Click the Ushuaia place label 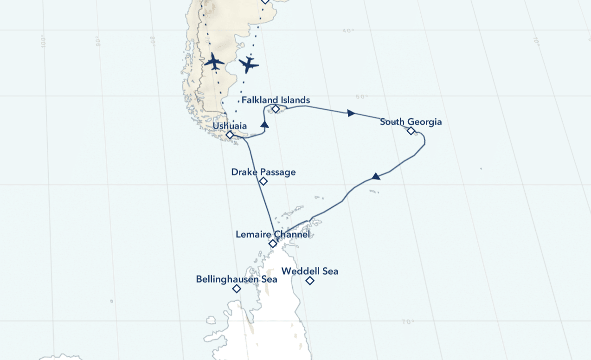[x=230, y=126]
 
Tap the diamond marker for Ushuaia [x=229, y=135]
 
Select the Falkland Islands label [x=276, y=100]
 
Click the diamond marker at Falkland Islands [x=276, y=109]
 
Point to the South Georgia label [x=411, y=122]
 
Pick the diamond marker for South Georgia [x=411, y=131]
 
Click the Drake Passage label [x=263, y=172]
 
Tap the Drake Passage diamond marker [x=263, y=181]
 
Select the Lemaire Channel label [x=272, y=234]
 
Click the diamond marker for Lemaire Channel [x=273, y=244]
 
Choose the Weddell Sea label [x=309, y=271]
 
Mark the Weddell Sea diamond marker [x=310, y=281]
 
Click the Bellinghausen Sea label [x=236, y=279]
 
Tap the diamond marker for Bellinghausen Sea [x=237, y=289]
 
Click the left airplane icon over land [x=214, y=61]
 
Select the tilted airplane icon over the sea [x=249, y=64]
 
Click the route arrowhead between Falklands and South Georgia [x=351, y=113]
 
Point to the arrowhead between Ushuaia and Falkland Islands [x=265, y=124]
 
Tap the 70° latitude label [x=408, y=322]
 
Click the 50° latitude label [x=361, y=96]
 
